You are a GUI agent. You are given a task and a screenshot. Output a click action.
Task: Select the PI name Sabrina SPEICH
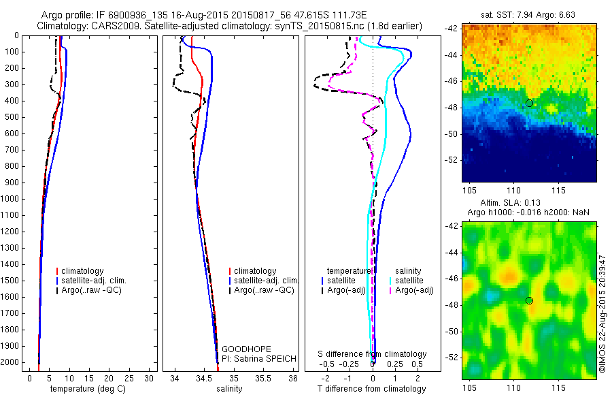pyautogui.click(x=252, y=358)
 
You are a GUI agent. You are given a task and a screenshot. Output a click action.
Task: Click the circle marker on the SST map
pyautogui.click(x=529, y=103)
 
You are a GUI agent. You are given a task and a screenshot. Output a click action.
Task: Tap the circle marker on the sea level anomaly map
pyautogui.click(x=529, y=300)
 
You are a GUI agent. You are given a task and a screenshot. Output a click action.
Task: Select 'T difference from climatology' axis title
pyautogui.click(x=372, y=389)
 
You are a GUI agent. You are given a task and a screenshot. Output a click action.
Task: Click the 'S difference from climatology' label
pyautogui.click(x=373, y=354)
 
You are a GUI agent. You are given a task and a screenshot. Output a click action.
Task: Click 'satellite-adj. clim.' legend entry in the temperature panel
pyautogui.click(x=99, y=281)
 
